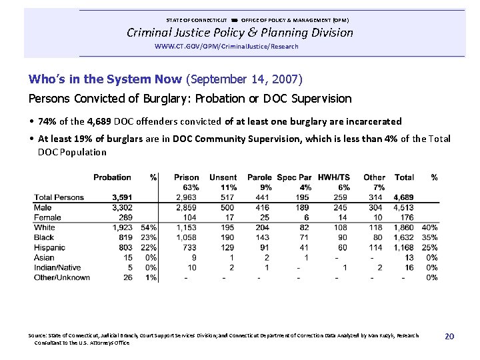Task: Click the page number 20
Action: tap(449, 337)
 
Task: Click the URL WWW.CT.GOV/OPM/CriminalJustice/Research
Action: tap(226, 46)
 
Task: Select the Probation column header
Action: tap(112, 177)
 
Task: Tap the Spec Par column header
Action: tap(294, 177)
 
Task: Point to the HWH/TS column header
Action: tap(333, 177)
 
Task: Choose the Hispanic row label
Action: tap(51, 247)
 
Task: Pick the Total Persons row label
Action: tap(59, 197)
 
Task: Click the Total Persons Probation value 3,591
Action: tap(122, 197)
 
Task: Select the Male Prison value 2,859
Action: tap(187, 207)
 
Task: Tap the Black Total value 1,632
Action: tap(403, 237)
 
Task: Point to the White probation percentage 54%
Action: tap(149, 227)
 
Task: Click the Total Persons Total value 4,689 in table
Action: tap(403, 197)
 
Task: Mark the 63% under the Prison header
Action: tap(191, 187)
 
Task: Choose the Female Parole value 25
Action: tap(265, 217)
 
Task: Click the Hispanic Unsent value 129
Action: tap(228, 247)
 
